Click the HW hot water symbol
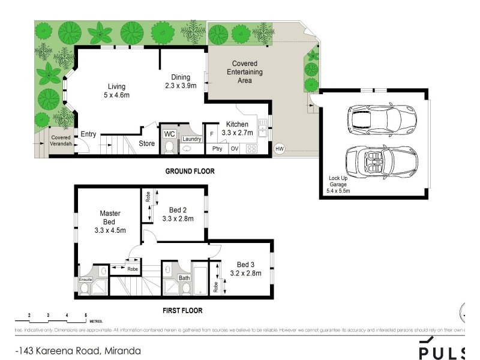point(279,148)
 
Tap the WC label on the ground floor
point(169,133)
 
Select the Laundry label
point(191,139)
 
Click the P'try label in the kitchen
point(216,149)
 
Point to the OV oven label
point(235,149)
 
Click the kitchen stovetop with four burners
point(251,148)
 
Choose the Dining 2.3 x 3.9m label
point(180,81)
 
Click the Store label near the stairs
point(146,143)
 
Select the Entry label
point(88,134)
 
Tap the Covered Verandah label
point(61,140)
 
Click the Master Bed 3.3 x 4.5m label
point(110,221)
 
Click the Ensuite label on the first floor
point(85,280)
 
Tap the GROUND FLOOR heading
point(190,171)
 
